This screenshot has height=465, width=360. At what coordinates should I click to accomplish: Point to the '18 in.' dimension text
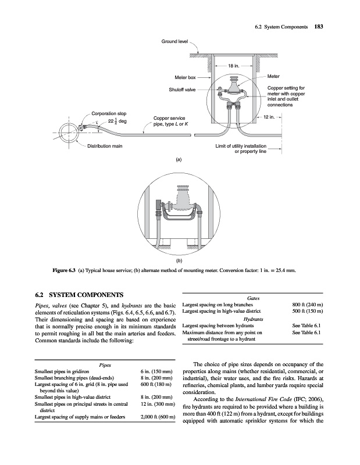pyautogui.click(x=233, y=66)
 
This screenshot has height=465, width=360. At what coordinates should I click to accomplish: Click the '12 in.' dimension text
pyautogui.click(x=269, y=117)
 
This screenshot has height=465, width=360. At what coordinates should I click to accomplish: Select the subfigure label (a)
pyautogui.click(x=179, y=158)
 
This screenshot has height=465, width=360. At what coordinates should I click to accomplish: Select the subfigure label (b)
pyautogui.click(x=179, y=262)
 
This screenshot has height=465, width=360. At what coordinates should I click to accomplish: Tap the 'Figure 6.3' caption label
pyautogui.click(x=63, y=271)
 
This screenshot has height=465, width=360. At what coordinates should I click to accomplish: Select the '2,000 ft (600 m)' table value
pyautogui.click(x=158, y=417)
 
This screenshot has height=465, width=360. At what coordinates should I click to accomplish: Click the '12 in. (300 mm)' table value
pyautogui.click(x=158, y=402)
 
